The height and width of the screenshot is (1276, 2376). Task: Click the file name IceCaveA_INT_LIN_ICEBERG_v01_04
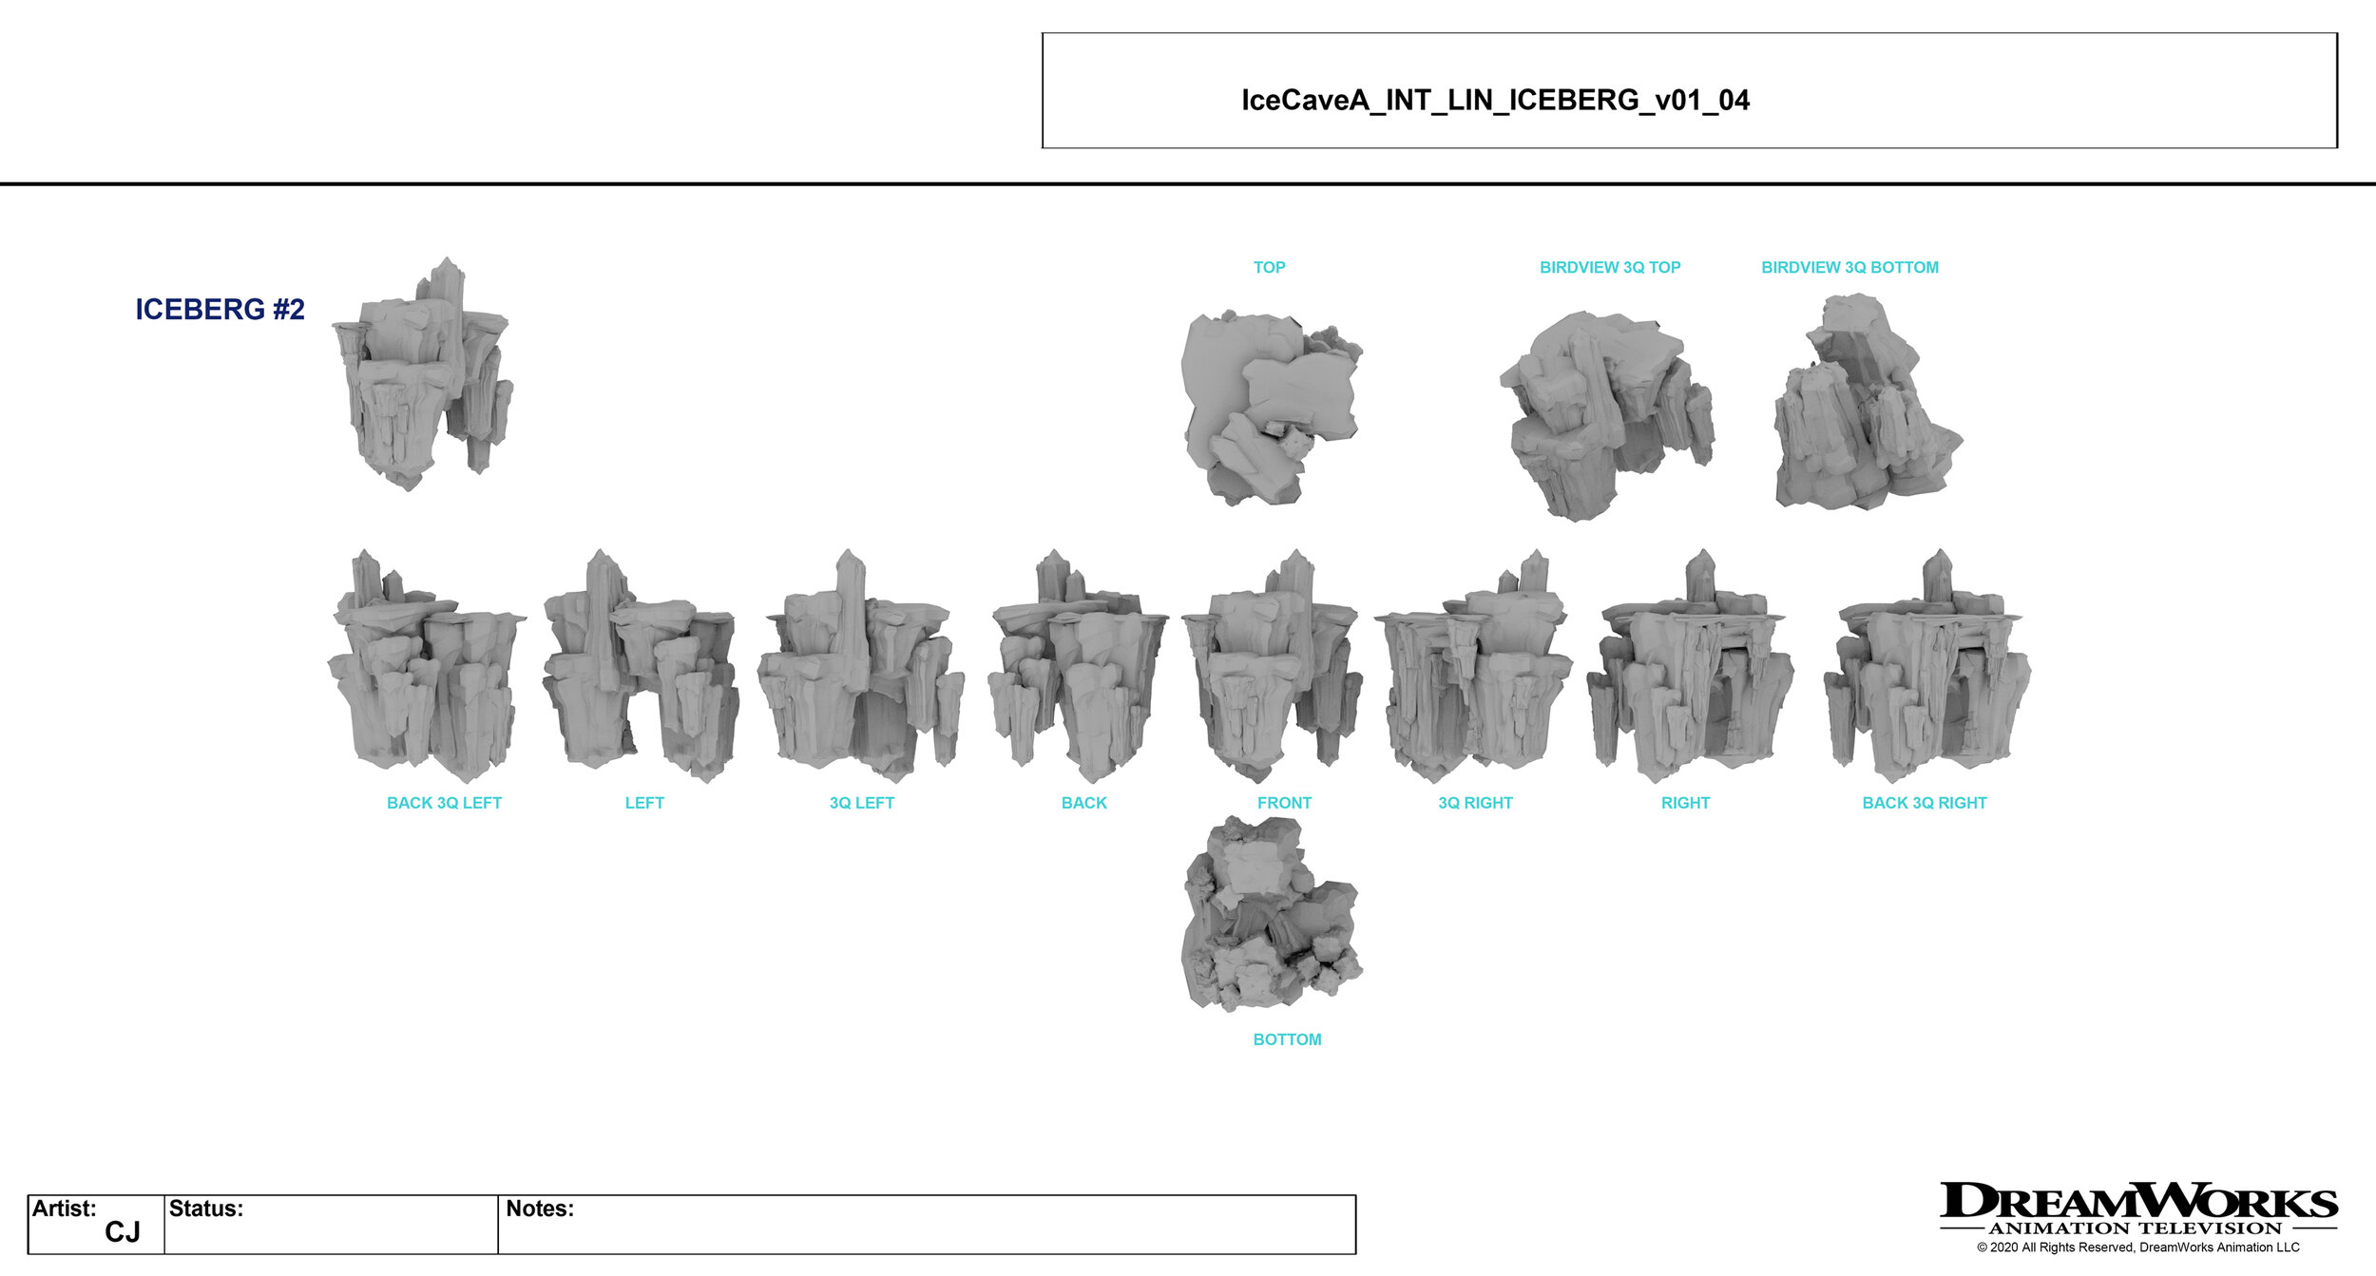[x=1494, y=100]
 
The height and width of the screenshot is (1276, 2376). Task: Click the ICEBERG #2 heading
[x=220, y=310]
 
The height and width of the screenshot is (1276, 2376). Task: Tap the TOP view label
[x=1269, y=268]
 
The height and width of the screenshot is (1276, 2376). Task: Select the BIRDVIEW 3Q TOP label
[x=1609, y=268]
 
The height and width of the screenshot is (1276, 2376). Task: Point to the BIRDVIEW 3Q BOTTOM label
[x=1849, y=268]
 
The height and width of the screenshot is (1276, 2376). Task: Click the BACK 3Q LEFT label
[x=444, y=803]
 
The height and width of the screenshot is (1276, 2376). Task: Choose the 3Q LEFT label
[x=861, y=803]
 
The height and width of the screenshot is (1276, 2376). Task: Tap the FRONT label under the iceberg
[x=1284, y=803]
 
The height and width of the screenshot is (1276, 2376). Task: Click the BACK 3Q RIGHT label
[x=1924, y=803]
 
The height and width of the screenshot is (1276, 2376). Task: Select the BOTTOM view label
[x=1287, y=1039]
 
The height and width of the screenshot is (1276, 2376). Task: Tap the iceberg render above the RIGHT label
[x=1689, y=670]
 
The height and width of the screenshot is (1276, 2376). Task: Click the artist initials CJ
[x=122, y=1232]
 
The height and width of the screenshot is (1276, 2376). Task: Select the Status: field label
[x=206, y=1209]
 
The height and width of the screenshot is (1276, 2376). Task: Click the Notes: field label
[x=540, y=1209]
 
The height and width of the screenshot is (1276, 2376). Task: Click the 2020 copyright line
[x=2137, y=1247]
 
